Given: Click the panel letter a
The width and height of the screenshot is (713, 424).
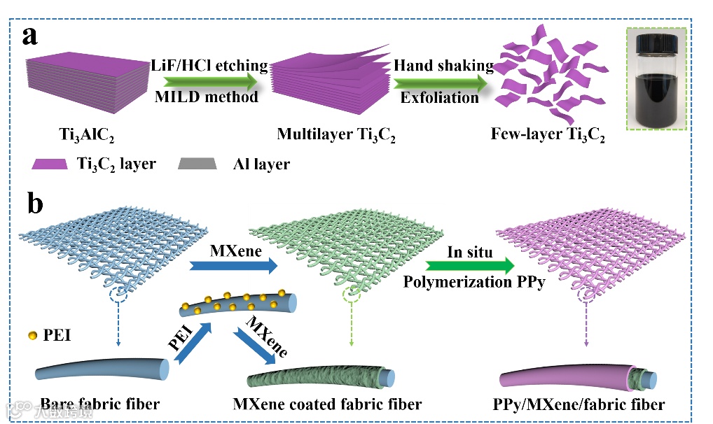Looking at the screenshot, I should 29,36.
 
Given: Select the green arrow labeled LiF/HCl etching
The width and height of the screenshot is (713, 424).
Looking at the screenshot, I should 209,81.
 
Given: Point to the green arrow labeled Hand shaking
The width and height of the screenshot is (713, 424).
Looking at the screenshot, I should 441,81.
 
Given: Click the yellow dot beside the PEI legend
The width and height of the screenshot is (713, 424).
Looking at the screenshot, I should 31,336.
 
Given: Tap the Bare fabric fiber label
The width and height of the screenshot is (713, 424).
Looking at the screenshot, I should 100,404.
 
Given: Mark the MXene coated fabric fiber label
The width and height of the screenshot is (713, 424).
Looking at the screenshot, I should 328,404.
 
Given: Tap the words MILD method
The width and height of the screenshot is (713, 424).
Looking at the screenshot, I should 207,97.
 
